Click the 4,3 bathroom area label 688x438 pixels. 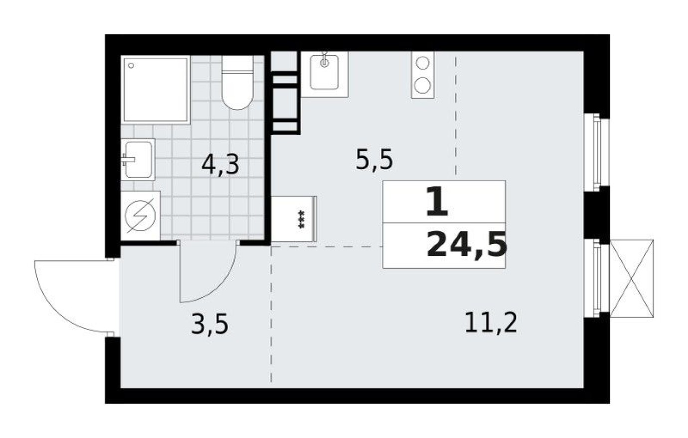(220, 164)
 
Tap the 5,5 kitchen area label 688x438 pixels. (374, 160)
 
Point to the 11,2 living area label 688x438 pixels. (491, 323)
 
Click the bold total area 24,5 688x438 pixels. (467, 246)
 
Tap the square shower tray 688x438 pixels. (156, 90)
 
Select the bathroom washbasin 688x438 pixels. (138, 159)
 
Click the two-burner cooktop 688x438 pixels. (422, 75)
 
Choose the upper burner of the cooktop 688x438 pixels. (422, 64)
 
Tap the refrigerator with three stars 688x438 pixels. (294, 219)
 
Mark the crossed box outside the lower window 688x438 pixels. (632, 278)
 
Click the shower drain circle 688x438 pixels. (131, 65)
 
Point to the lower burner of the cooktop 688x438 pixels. (422, 86)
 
